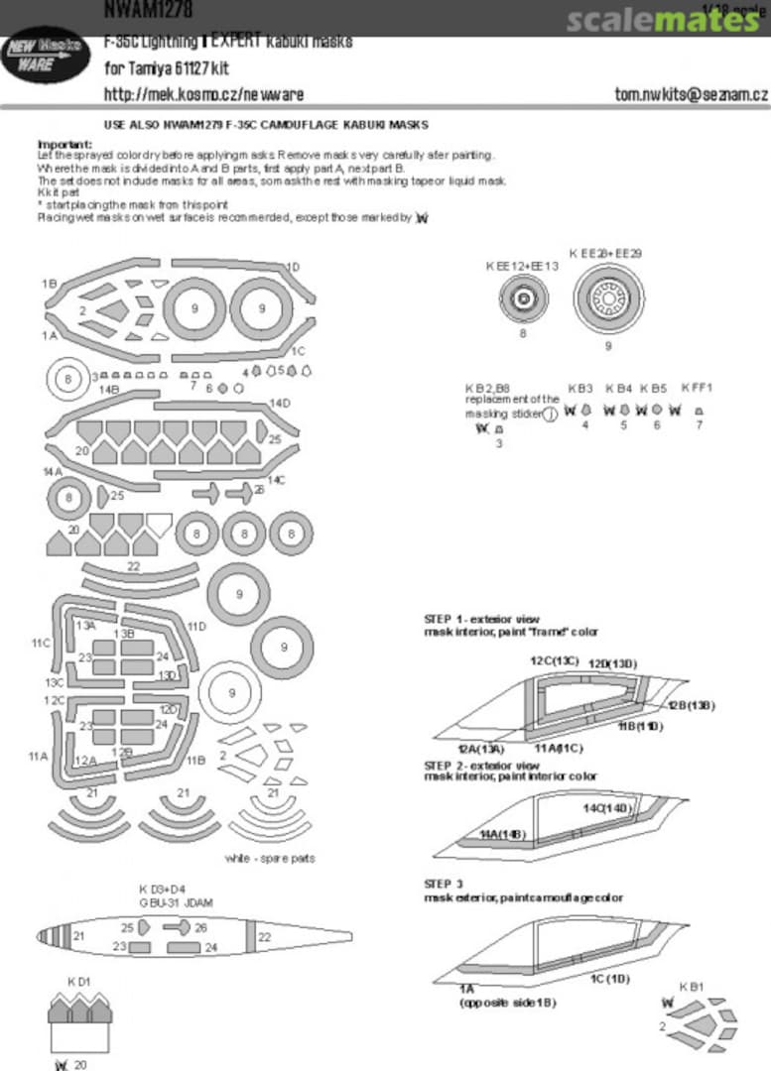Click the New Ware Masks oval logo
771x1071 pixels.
(42, 61)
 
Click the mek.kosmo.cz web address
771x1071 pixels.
(203, 95)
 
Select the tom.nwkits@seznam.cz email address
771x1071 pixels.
(691, 95)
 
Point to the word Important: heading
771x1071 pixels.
(64, 144)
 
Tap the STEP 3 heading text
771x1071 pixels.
(443, 883)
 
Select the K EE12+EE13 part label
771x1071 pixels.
(522, 266)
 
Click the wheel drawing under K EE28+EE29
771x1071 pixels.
(607, 296)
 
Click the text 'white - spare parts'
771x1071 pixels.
(270, 858)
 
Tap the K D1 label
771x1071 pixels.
(79, 982)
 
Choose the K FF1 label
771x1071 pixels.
(697, 388)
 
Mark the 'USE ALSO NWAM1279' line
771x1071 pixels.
(266, 126)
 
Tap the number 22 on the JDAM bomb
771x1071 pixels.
(264, 936)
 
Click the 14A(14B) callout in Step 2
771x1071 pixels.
(502, 835)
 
